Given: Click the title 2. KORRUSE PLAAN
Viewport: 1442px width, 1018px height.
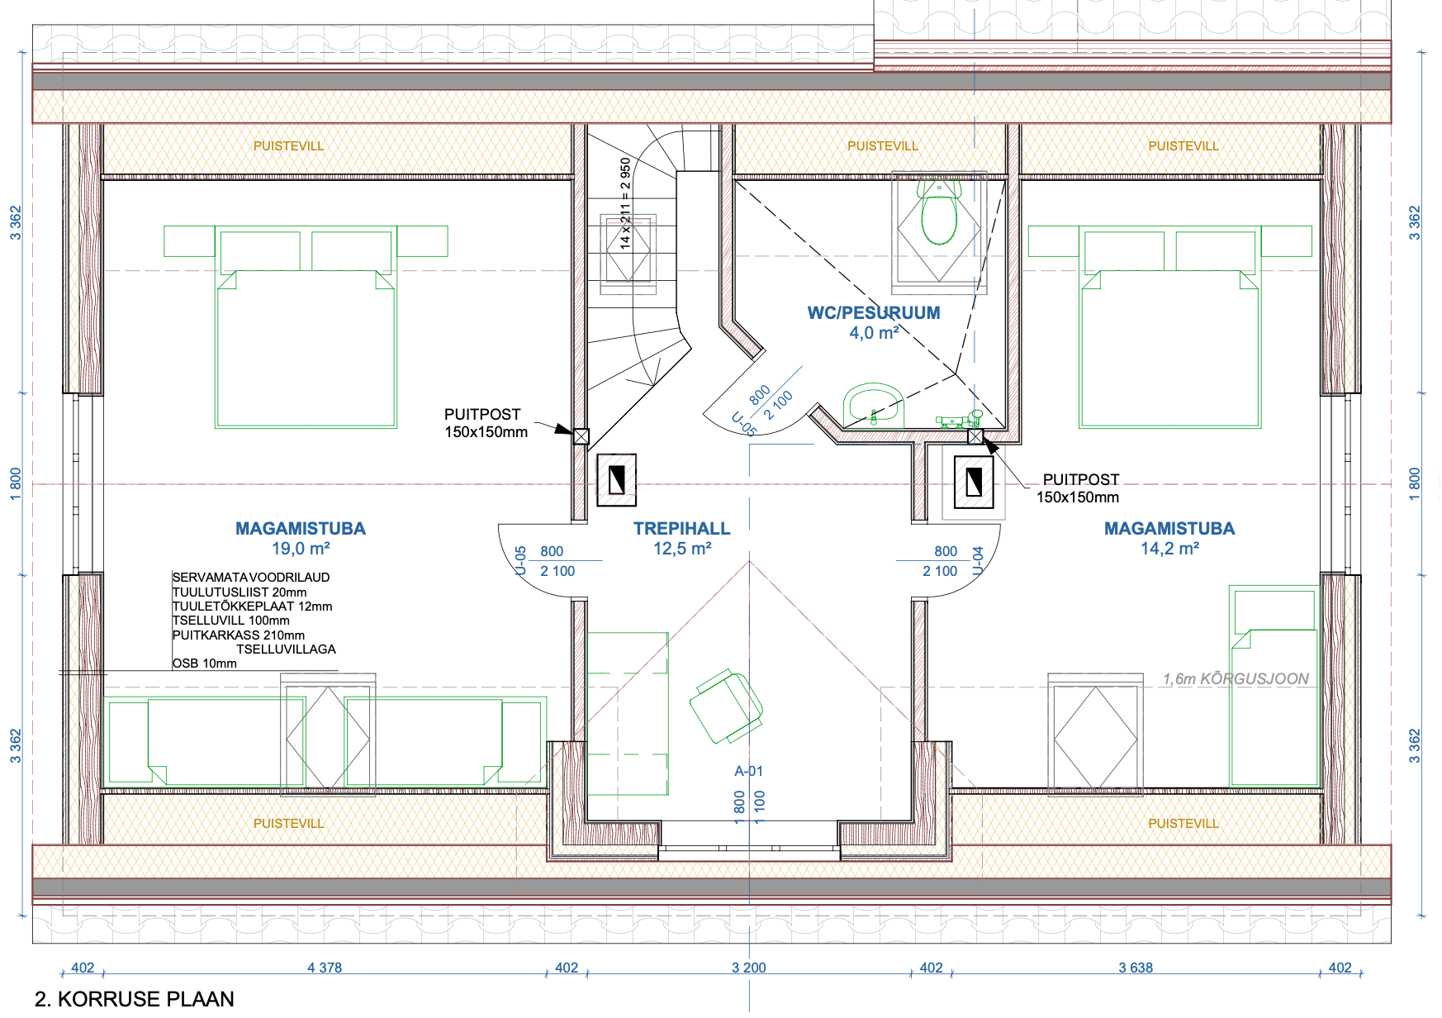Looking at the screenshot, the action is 135,999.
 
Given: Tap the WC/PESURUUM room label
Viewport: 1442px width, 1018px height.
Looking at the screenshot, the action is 874,313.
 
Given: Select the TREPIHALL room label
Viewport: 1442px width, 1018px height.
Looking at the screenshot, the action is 682,529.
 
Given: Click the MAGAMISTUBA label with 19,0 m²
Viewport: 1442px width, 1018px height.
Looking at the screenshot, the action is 301,529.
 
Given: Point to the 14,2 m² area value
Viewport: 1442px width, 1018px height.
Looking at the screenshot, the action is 1169,549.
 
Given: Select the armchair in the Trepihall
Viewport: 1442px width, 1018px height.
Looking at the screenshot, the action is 726,707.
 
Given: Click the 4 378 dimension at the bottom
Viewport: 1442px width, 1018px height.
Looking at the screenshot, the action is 325,968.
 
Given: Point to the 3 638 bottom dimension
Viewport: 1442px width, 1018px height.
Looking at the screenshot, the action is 1136,968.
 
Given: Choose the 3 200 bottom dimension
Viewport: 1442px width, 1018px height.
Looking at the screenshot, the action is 749,968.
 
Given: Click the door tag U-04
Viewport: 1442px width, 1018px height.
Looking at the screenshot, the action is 978,560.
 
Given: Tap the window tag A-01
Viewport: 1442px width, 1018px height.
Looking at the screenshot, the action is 749,771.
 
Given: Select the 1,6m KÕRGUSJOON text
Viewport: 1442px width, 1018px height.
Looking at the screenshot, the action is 1236,679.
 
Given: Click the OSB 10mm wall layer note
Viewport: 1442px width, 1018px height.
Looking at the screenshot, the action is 205,664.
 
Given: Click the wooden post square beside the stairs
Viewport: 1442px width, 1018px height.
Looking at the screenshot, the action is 581,436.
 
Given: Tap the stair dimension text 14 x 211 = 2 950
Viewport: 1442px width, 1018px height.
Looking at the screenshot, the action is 625,203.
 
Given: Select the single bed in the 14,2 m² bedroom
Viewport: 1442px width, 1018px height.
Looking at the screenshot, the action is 1274,686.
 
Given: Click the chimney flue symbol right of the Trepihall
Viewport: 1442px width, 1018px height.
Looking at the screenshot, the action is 975,482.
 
